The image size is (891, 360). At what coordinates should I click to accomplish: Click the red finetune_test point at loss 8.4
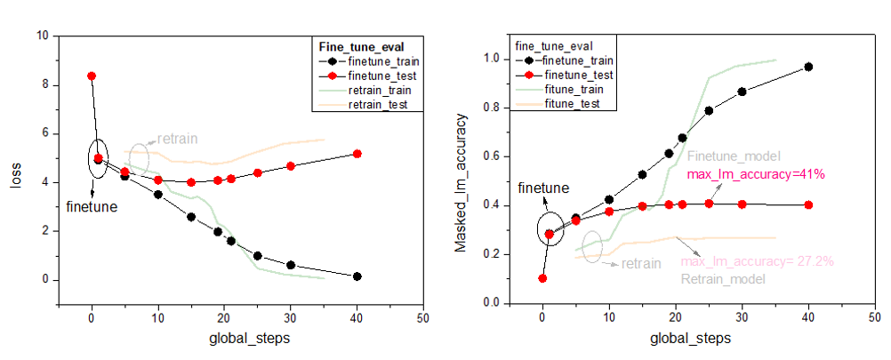92,76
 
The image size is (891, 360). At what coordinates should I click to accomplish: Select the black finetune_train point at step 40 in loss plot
357,276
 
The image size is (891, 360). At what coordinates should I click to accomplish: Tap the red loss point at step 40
357,154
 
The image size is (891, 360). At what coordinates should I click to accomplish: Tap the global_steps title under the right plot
690,339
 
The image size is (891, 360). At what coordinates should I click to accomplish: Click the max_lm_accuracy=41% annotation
757,175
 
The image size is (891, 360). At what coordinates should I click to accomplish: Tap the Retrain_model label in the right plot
722,279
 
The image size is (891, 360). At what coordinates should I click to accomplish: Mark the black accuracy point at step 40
808,67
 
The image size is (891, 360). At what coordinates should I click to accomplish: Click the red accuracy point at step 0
542,278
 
